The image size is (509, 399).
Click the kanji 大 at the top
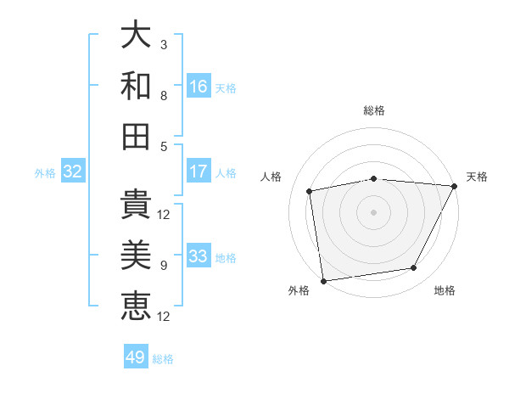(x=137, y=36)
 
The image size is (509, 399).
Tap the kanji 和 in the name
(x=137, y=86)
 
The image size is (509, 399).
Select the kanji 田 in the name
(x=137, y=136)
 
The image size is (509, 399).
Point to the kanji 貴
(x=137, y=205)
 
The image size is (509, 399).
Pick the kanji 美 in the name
(x=137, y=256)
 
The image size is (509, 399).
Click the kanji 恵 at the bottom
(x=137, y=306)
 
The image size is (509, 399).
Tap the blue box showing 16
(x=199, y=87)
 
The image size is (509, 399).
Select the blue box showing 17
(x=199, y=171)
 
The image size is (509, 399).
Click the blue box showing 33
(x=199, y=256)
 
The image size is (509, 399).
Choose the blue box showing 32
(x=73, y=171)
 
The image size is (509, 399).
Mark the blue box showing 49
(x=136, y=357)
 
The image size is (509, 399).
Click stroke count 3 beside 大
(x=164, y=44)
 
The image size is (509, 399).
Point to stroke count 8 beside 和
(x=164, y=95)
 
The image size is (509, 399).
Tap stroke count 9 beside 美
(x=164, y=265)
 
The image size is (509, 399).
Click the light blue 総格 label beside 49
(x=163, y=359)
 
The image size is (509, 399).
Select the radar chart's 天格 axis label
(x=477, y=177)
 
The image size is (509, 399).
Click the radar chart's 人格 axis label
(x=271, y=177)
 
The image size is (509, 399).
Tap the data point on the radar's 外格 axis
(x=323, y=280)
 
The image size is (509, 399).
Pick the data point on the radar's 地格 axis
(x=414, y=268)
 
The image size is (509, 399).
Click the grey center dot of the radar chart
(x=373, y=211)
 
